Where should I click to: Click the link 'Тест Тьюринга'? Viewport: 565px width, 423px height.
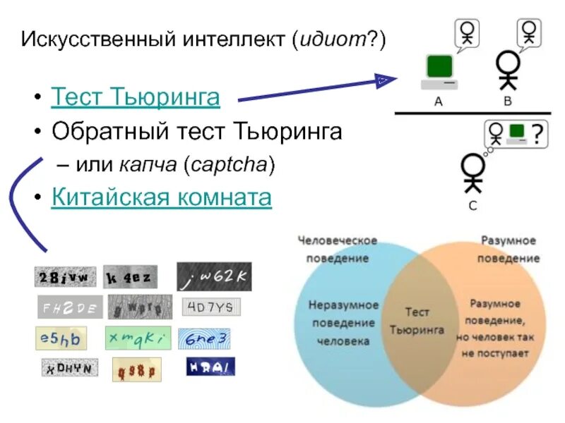(135, 97)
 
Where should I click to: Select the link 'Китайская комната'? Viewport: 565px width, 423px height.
(161, 197)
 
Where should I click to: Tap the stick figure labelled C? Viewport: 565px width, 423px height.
(472, 173)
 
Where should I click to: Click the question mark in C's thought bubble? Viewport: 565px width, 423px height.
(537, 133)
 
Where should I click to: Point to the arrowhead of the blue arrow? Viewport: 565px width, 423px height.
(384, 80)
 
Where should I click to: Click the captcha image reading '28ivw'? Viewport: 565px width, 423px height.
(66, 277)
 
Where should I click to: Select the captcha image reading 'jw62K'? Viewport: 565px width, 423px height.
(213, 277)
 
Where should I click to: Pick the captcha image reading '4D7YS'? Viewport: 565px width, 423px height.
(211, 307)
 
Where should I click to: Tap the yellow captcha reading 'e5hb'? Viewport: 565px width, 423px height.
(61, 338)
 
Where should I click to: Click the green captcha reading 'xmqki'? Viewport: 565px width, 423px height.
(138, 338)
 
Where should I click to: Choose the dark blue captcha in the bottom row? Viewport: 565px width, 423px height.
(210, 367)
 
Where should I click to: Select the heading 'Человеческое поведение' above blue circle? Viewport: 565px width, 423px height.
(338, 249)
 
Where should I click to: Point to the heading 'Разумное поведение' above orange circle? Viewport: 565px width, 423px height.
(509, 249)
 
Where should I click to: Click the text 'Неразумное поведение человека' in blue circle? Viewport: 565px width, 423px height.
(343, 323)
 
